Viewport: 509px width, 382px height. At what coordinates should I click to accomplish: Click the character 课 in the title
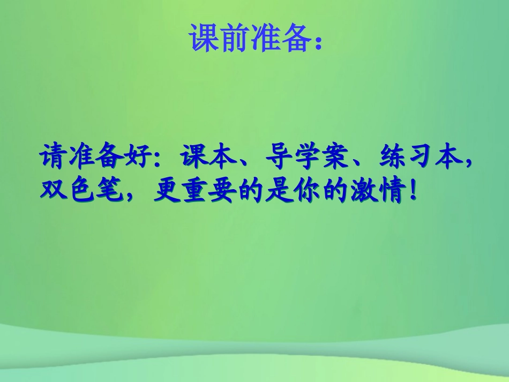(x=204, y=38)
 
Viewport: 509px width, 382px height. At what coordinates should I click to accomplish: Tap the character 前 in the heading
(x=236, y=38)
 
